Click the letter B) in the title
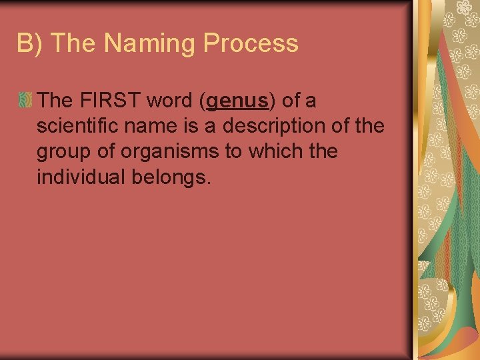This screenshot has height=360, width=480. tap(31, 44)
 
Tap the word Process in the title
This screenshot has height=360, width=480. tap(251, 44)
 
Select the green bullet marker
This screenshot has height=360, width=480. tap(26, 101)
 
